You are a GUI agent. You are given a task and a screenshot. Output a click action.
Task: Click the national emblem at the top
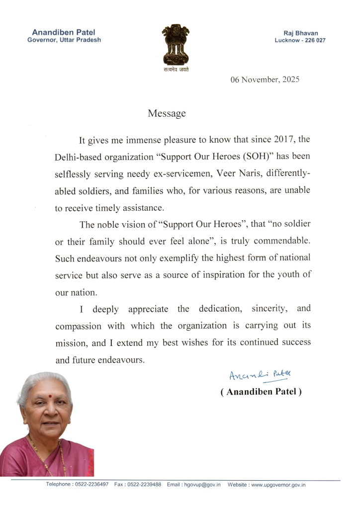[x=176, y=45]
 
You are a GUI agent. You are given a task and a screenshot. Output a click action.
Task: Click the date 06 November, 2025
[x=265, y=80]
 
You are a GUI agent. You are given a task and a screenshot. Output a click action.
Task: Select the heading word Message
[x=167, y=113]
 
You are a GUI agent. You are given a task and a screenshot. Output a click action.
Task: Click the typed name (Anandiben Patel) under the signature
[x=261, y=392]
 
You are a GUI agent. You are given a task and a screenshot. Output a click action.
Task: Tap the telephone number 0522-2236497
[x=91, y=484]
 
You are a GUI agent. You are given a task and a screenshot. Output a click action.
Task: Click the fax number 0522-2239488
[x=144, y=484]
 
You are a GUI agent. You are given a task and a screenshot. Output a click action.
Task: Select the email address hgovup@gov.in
[x=201, y=484]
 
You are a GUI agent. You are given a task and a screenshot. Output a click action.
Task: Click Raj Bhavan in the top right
[x=300, y=33]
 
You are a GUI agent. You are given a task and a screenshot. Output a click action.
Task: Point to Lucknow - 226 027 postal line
[x=300, y=40]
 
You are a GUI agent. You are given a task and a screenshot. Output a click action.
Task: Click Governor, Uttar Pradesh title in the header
[x=64, y=40]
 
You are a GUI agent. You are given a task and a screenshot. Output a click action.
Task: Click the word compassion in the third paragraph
[x=79, y=326]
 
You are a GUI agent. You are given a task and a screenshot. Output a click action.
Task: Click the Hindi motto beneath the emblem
[x=176, y=70]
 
